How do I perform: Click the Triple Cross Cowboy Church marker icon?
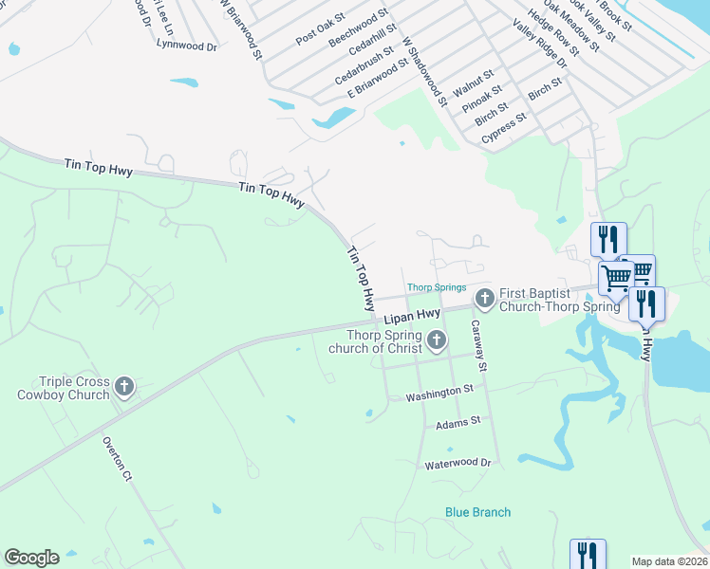124,386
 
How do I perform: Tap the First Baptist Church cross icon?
484,300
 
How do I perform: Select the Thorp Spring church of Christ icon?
437,340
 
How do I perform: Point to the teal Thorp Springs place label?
437,287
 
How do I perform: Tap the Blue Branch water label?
478,512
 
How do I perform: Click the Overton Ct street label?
116,460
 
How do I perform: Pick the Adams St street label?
458,422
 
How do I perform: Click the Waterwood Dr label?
458,464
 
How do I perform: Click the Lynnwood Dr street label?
187,45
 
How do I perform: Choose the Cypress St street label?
504,129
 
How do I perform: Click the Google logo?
31,558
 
